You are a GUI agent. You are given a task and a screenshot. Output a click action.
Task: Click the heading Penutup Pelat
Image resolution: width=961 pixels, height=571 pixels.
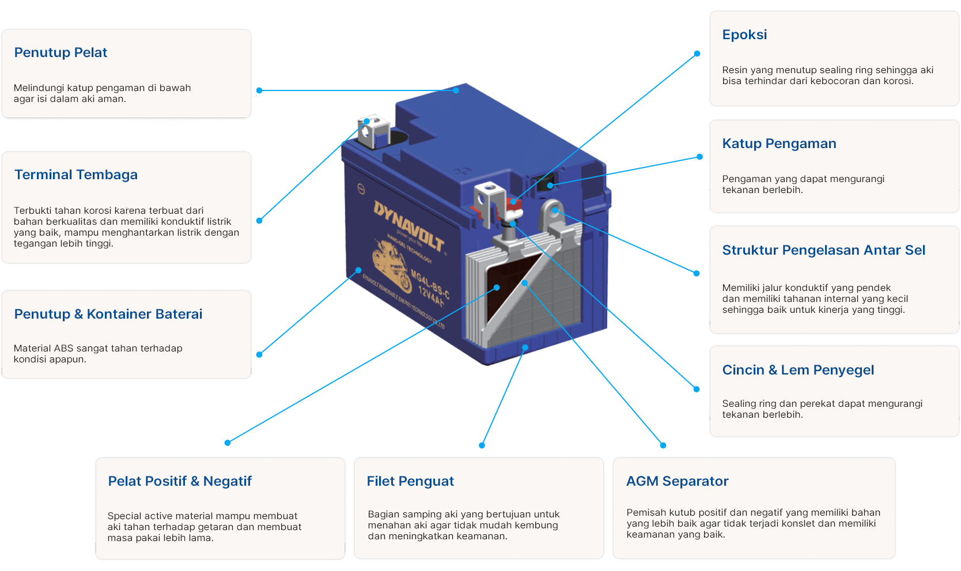(60, 52)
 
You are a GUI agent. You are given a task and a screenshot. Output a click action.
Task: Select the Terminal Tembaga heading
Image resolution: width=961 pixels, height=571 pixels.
(76, 175)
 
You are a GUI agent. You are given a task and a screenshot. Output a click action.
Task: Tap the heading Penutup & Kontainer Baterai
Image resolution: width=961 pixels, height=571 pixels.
(108, 314)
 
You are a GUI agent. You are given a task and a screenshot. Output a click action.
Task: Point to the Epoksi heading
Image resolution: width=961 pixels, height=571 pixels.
(744, 35)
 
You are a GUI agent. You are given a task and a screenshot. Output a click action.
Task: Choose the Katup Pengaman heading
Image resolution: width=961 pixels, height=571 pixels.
(779, 143)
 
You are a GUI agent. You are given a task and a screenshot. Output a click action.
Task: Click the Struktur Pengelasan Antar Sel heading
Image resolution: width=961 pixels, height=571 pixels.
(823, 250)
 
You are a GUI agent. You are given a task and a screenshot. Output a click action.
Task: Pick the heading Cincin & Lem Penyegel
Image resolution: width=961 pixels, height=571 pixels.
(798, 370)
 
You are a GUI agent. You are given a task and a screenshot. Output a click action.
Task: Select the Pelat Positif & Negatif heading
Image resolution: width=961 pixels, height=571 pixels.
(180, 481)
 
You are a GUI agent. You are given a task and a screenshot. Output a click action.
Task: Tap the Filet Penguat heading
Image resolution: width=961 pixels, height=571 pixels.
(410, 481)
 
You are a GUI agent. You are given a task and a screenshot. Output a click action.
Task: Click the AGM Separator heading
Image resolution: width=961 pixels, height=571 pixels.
(677, 481)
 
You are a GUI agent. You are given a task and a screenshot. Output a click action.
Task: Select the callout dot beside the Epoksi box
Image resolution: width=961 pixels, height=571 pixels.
(697, 54)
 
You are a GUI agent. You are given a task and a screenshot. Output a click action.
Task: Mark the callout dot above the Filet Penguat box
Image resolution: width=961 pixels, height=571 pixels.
(482, 445)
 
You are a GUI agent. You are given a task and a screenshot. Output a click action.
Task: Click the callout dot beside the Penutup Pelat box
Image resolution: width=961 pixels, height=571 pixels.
(259, 90)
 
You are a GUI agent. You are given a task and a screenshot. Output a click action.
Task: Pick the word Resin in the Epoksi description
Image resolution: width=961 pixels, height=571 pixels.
(735, 70)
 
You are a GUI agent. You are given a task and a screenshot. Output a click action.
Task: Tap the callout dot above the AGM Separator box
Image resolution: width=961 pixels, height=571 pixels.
(663, 445)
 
